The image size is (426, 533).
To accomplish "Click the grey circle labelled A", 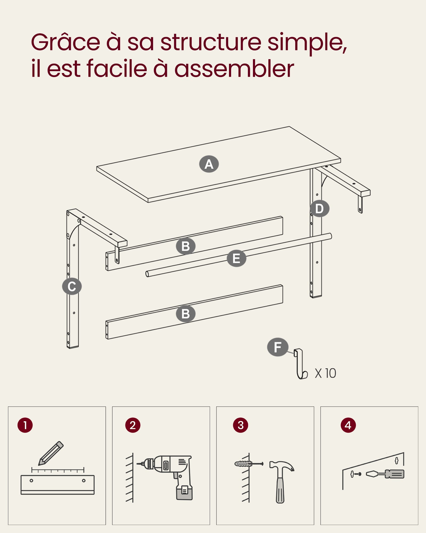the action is pyautogui.click(x=209, y=164).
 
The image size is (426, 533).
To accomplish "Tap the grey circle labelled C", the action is pyautogui.click(x=72, y=286).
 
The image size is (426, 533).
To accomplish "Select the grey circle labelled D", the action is pyautogui.click(x=319, y=208).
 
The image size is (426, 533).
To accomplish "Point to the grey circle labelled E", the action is pyautogui.click(x=236, y=259).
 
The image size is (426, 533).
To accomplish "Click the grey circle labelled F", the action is pyautogui.click(x=278, y=347).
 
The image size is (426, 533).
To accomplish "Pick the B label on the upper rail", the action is pyautogui.click(x=186, y=246).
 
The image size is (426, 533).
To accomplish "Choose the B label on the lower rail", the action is pyautogui.click(x=186, y=314).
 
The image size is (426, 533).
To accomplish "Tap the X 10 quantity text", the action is pyautogui.click(x=325, y=373).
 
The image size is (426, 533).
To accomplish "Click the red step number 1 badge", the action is pyautogui.click(x=25, y=425).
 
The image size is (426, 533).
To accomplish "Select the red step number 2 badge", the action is pyautogui.click(x=133, y=425).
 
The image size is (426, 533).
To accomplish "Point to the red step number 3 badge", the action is pyautogui.click(x=241, y=425).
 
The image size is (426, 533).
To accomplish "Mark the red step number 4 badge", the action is pyautogui.click(x=348, y=425).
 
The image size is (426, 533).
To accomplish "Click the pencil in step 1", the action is pyautogui.click(x=51, y=453).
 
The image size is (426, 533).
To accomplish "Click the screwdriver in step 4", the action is pyautogui.click(x=385, y=474).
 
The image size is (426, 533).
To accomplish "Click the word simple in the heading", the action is pyautogui.click(x=307, y=43).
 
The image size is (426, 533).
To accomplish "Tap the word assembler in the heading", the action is pyautogui.click(x=234, y=69).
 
